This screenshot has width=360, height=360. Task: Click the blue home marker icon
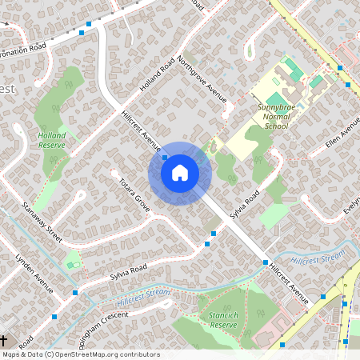pyautogui.click(x=179, y=173)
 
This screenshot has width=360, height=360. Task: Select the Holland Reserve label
pyautogui.click(x=52, y=141)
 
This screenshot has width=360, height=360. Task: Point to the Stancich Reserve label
pyautogui.click(x=223, y=321)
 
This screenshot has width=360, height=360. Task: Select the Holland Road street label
pyautogui.click(x=157, y=75)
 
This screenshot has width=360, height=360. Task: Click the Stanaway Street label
pyautogui.click(x=42, y=222)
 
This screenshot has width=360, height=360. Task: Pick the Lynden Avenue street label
pyautogui.click(x=34, y=273)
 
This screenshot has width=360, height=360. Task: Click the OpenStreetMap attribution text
pyautogui.click(x=81, y=354)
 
